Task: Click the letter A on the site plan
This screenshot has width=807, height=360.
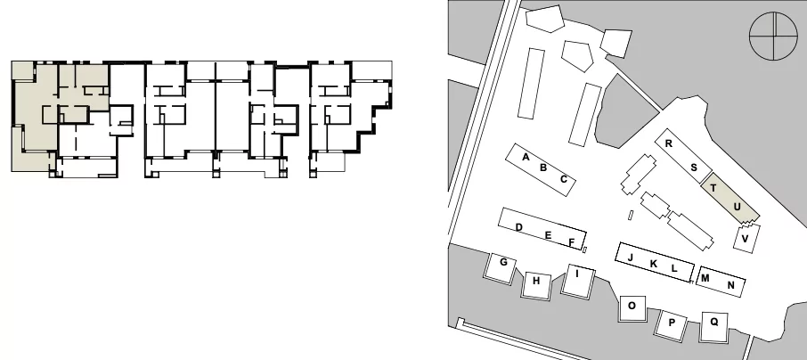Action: pos(526,157)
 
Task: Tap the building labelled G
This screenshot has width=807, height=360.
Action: pos(501,268)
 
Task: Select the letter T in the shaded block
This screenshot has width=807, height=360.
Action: pos(713,188)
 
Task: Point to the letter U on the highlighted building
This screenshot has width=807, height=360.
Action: pos(737,207)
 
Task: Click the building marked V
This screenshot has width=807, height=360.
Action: pos(746,238)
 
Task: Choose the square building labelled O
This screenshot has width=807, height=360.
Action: pos(632,309)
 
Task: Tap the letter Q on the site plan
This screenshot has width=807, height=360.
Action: pos(714,322)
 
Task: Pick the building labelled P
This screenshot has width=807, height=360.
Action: pos(671,324)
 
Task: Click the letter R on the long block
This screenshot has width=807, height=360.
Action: pos(669,143)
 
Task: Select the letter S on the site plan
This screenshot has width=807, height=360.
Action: pos(694,168)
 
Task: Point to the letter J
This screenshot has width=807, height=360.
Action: pos(631,257)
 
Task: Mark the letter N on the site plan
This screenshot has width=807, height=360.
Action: pos(730,285)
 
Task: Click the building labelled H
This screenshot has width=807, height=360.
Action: pos(536,285)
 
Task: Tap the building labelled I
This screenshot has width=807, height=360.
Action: pos(577,281)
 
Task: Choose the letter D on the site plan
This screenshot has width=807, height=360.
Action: pos(518,227)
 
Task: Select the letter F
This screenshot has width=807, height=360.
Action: pos(571,242)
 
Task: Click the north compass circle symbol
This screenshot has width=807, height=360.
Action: pos(773,37)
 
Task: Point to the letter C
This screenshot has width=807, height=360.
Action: pos(564,179)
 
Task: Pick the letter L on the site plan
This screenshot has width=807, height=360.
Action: pos(674,268)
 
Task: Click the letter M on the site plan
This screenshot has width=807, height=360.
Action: pos(705,279)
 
